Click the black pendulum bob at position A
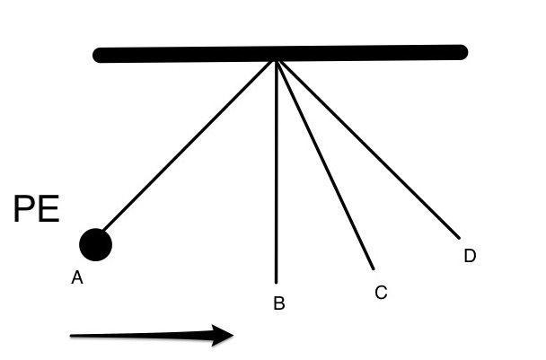click(x=95, y=244)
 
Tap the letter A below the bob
click(x=77, y=277)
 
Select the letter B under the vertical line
click(x=279, y=303)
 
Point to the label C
click(x=381, y=292)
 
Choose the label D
click(x=470, y=256)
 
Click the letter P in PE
click(x=25, y=209)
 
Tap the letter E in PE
click(x=49, y=209)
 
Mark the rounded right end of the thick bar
click(x=462, y=52)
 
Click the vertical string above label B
click(x=276, y=172)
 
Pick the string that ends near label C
click(x=325, y=165)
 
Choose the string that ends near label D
click(x=368, y=150)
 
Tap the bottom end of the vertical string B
click(x=276, y=283)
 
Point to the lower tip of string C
click(x=374, y=268)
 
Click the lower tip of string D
click(x=459, y=238)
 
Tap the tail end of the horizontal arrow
click(x=71, y=336)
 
